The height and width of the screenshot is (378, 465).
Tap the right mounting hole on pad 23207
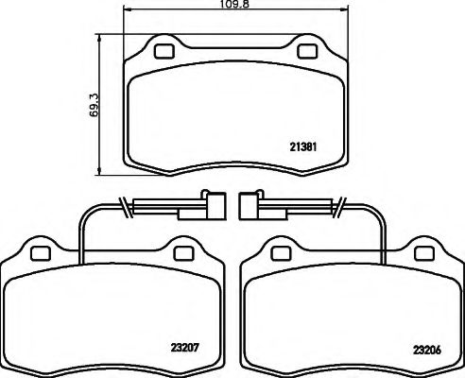pos(182,252)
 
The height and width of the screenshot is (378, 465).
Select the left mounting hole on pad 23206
pos(280,252)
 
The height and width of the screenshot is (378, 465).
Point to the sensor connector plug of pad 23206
pos(249,204)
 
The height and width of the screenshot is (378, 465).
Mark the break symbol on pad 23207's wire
pos(125,204)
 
